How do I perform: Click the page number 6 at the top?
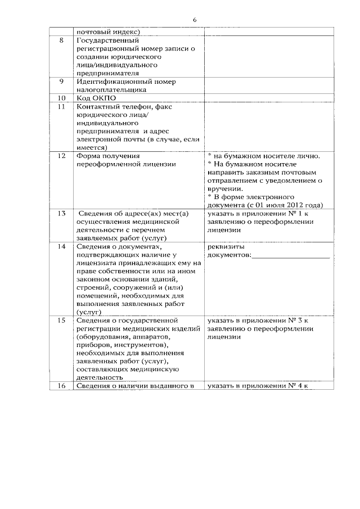coord(194,20)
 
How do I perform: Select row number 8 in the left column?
coord(61,40)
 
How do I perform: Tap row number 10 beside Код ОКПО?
coord(61,98)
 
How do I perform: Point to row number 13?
coord(61,213)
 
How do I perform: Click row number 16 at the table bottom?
coord(61,386)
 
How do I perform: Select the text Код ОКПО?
coord(95,98)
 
